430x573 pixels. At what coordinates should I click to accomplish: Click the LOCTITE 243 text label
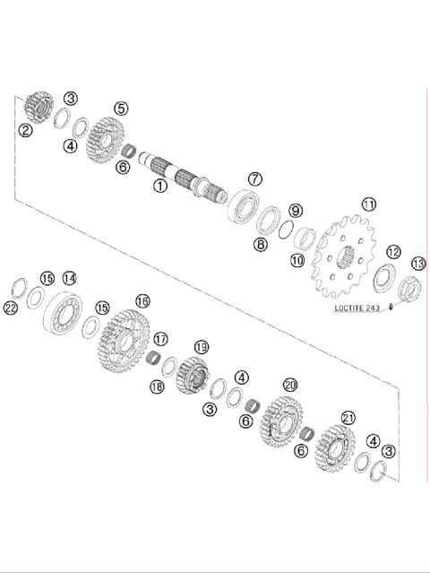357,308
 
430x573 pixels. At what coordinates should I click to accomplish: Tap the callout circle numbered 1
159,187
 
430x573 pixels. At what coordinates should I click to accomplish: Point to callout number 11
368,204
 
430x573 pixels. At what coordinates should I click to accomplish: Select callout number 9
296,211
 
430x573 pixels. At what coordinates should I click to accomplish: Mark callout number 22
11,308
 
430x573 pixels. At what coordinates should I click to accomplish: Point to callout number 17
160,339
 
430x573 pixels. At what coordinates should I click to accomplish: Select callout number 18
156,386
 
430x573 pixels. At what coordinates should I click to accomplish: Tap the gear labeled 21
336,447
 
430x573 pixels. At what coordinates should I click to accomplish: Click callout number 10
297,260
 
